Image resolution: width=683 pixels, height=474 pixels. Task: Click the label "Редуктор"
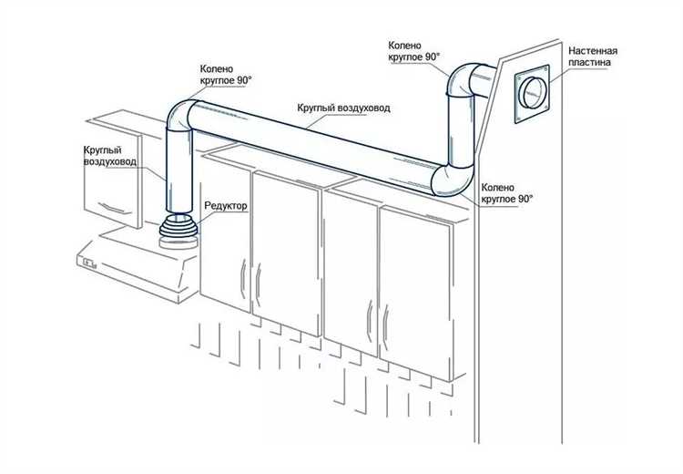(227, 207)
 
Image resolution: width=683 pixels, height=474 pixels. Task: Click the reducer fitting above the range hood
(178, 233)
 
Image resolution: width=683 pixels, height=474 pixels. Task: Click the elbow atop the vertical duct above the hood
(183, 118)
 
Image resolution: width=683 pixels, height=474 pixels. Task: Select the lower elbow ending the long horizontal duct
(449, 177)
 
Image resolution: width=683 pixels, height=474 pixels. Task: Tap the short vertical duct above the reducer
(178, 173)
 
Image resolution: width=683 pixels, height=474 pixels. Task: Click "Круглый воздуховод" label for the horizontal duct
(343, 108)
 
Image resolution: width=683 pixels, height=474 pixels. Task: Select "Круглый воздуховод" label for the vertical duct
(110, 155)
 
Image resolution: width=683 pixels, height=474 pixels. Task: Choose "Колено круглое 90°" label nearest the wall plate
(414, 50)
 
